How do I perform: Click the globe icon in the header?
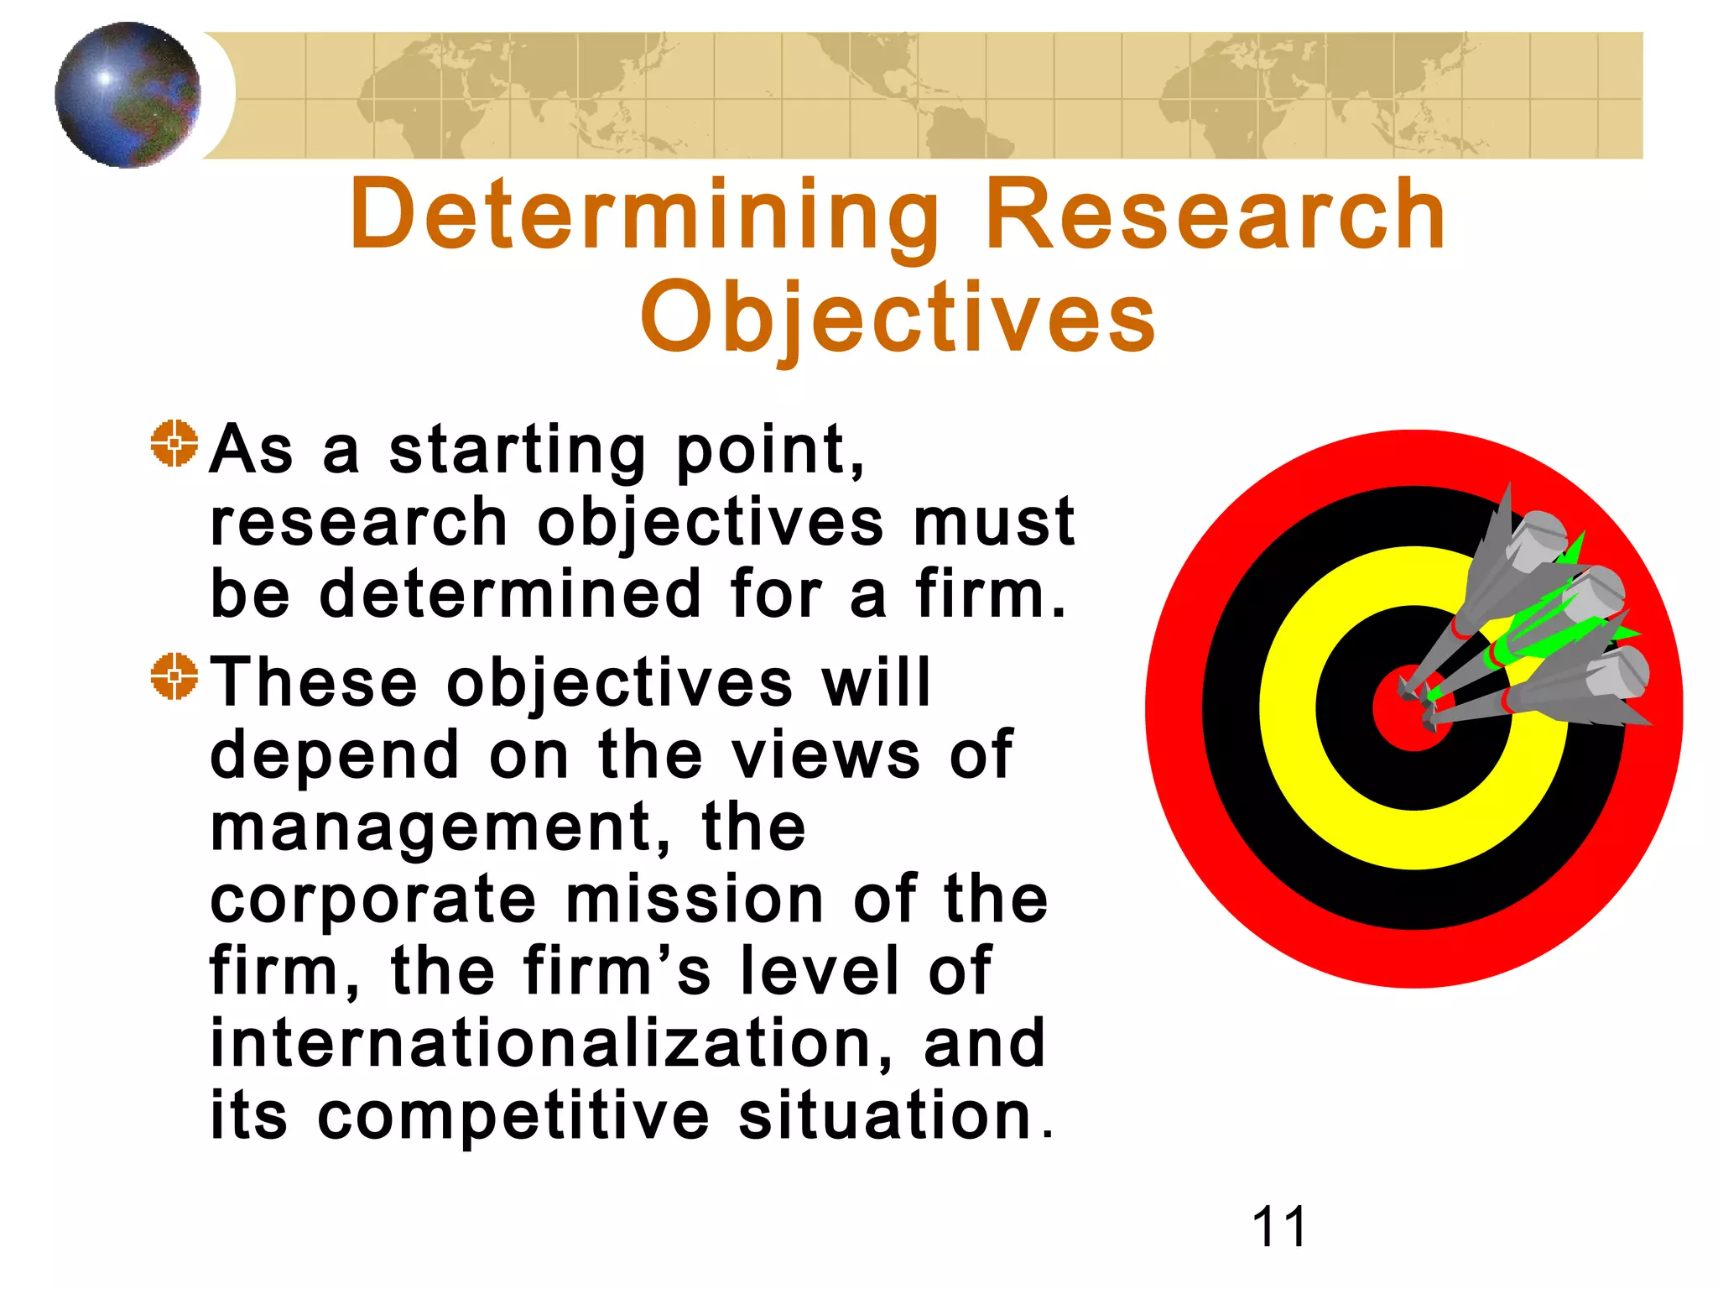(x=128, y=95)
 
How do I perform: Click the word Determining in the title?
(x=644, y=217)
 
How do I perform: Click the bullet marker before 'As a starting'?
(x=174, y=443)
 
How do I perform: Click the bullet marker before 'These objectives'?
(x=174, y=676)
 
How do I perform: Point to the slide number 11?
(x=1278, y=1227)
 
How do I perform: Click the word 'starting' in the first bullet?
(x=518, y=451)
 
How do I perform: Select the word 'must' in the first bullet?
(x=993, y=522)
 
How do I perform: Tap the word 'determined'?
(x=510, y=594)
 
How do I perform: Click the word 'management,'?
(x=440, y=829)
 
